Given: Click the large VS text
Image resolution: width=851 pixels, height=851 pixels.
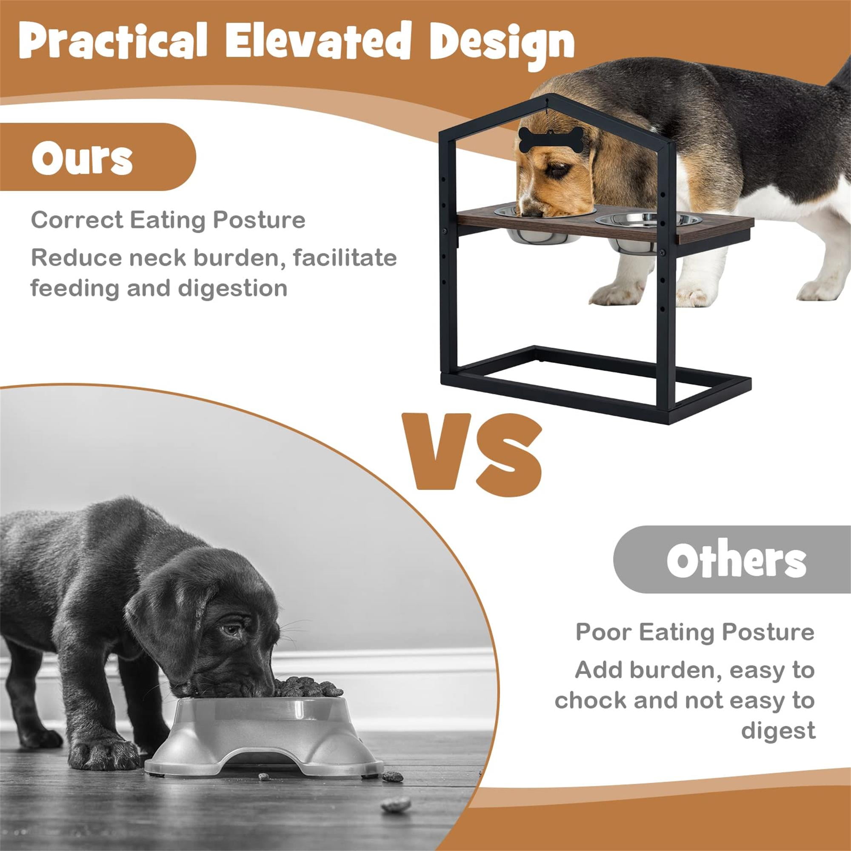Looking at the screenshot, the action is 471,453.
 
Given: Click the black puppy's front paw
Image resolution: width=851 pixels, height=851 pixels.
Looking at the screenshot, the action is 104,753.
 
